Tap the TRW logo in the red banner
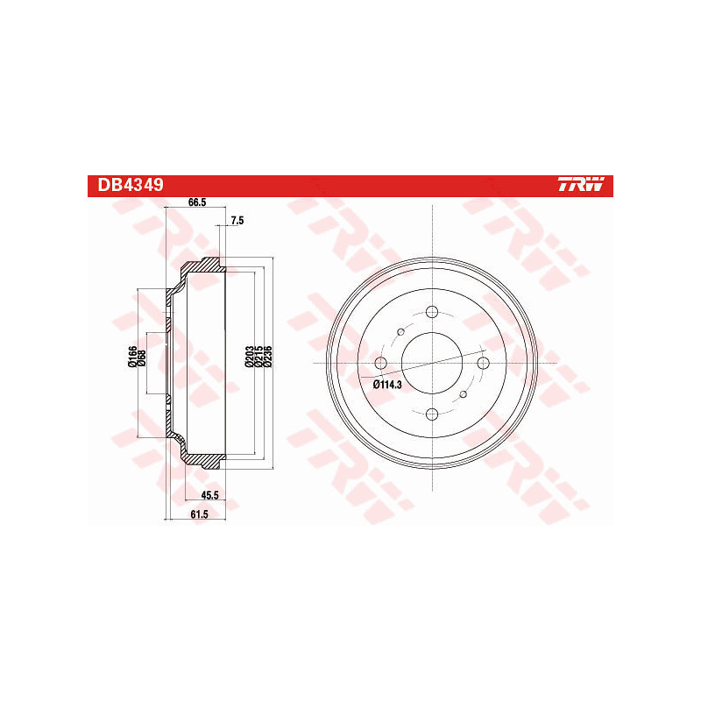click(581, 185)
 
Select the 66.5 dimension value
click(197, 203)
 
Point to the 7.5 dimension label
click(237, 220)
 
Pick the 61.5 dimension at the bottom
click(198, 514)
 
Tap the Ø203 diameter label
click(249, 358)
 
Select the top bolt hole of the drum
click(432, 312)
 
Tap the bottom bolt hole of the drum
click(432, 414)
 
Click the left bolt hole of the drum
click(380, 364)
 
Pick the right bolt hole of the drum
click(483, 364)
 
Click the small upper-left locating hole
click(400, 331)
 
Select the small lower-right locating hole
click(464, 395)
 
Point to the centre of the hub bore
click(432, 364)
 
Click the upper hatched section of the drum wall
click(202, 267)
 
